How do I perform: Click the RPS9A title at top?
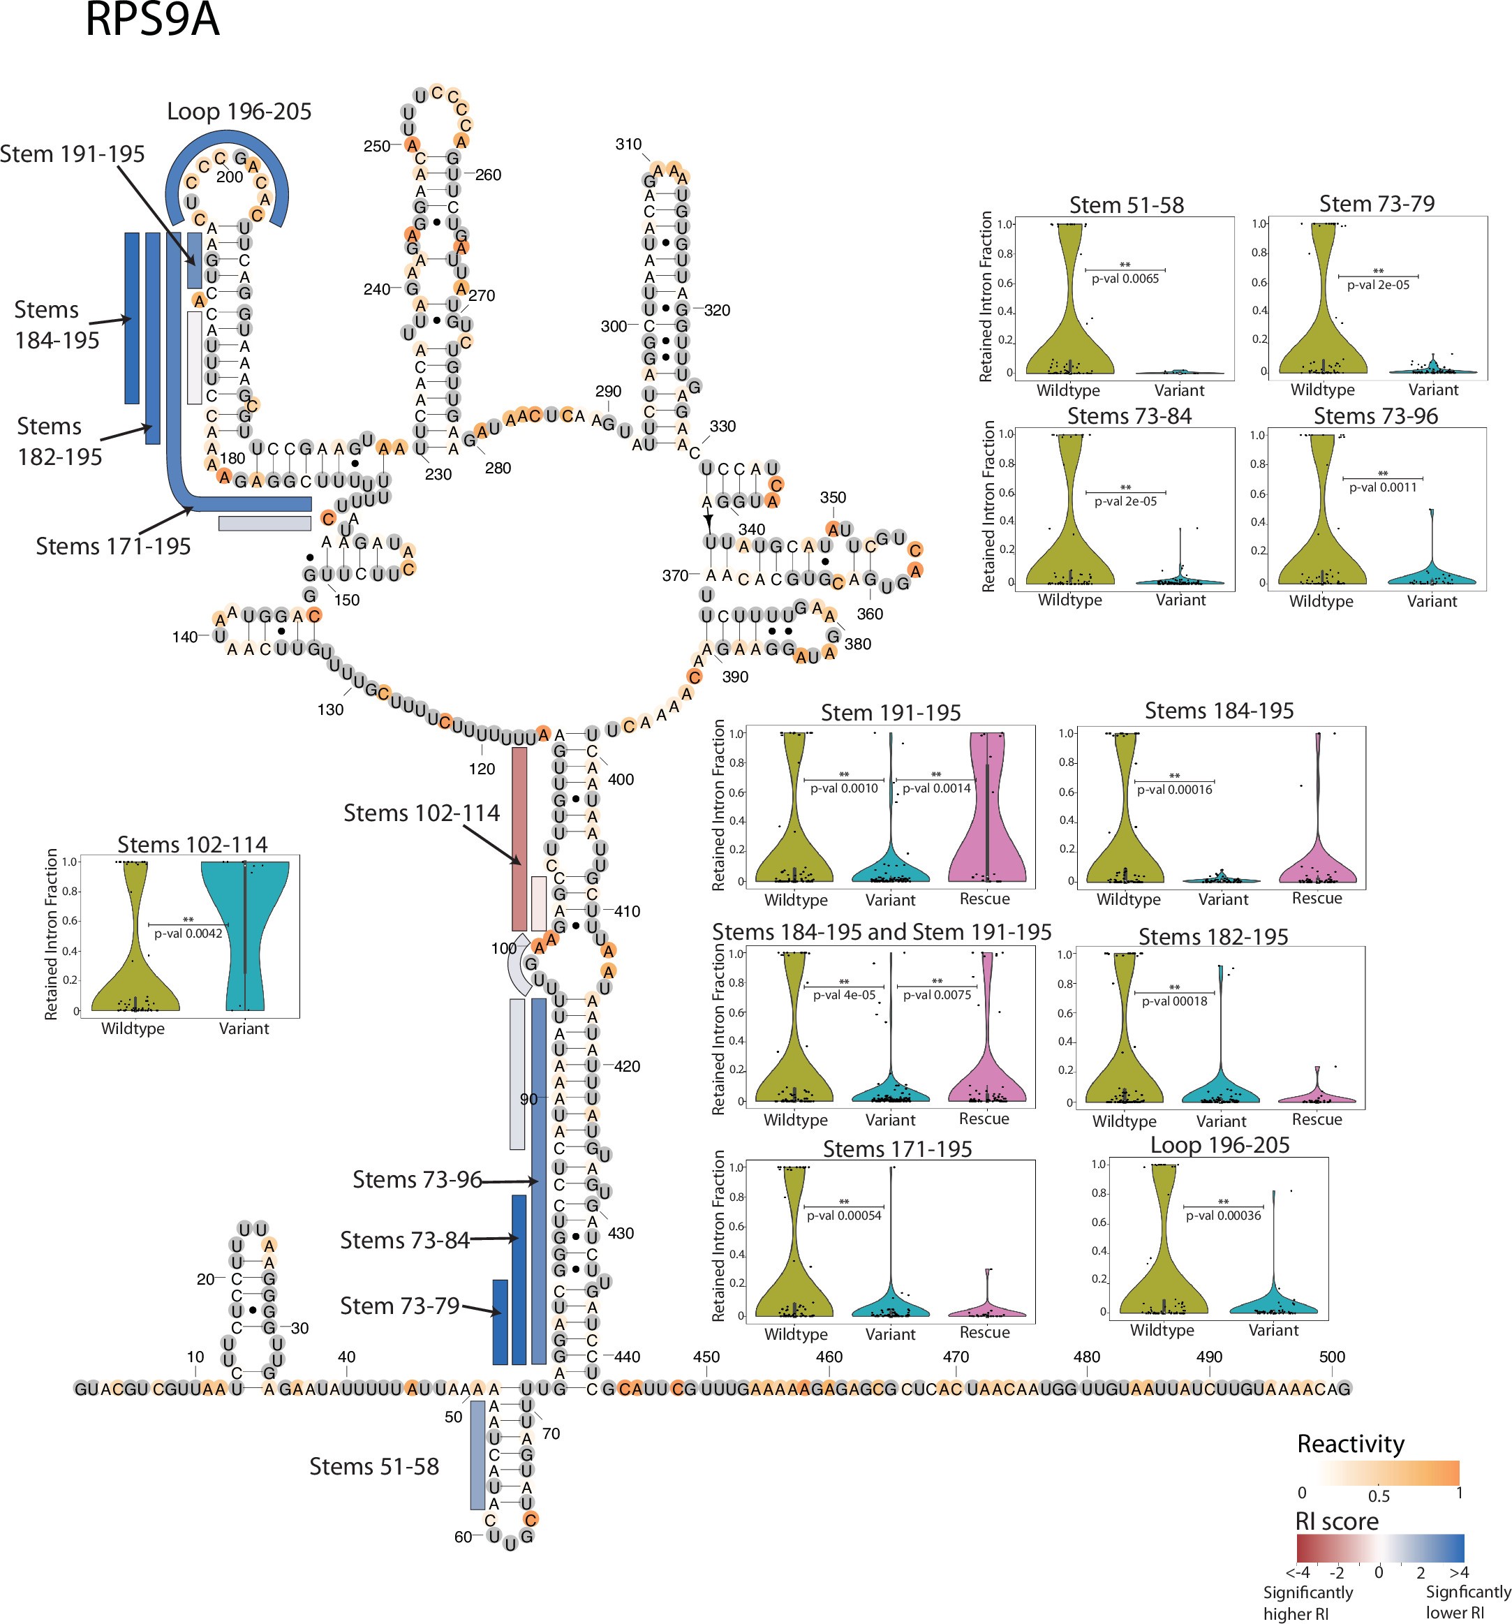coord(152,20)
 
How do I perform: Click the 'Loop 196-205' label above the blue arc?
coord(239,111)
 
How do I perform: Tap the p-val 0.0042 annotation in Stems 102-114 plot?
coord(188,933)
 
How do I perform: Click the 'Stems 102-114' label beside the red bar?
coord(421,813)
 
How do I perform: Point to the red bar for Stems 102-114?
coord(519,839)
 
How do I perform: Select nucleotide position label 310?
coord(628,145)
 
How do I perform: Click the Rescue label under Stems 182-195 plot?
coord(1316,1119)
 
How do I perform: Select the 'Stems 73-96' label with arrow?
coord(417,1180)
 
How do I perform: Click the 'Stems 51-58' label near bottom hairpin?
coord(373,1466)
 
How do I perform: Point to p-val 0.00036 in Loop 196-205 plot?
coord(1223,1216)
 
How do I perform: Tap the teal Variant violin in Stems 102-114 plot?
coord(244,931)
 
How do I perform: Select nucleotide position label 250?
coord(376,146)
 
